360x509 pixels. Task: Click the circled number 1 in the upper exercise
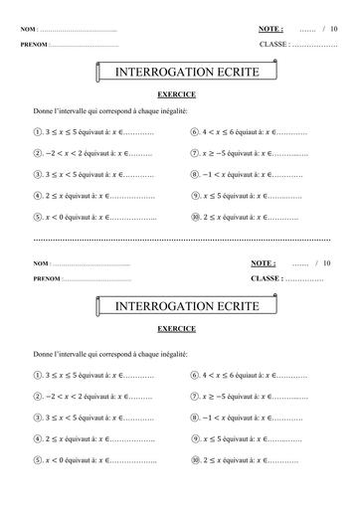coord(37,131)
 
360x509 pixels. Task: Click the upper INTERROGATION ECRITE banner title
coord(179,73)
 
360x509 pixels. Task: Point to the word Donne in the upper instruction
coord(44,111)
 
